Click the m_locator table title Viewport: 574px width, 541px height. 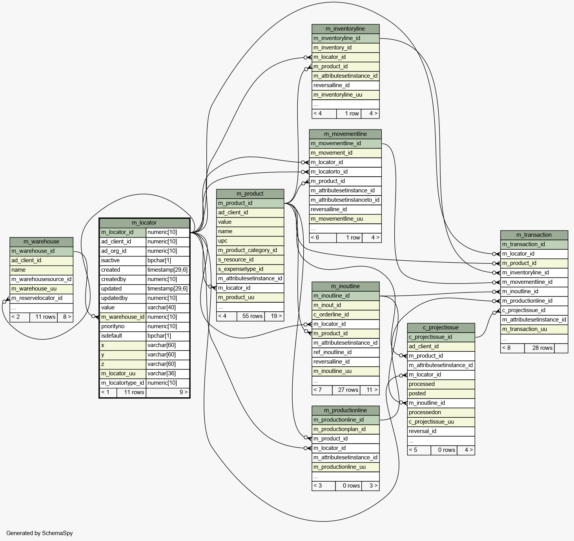click(144, 223)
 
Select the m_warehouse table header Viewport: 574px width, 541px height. click(41, 241)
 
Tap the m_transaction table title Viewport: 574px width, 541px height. click(534, 235)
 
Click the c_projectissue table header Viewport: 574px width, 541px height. click(441, 328)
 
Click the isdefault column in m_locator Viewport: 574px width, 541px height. click(111, 336)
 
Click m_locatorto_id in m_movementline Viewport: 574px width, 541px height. click(329, 172)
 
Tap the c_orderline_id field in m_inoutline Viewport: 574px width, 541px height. click(331, 315)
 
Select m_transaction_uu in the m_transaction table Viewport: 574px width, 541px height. click(524, 329)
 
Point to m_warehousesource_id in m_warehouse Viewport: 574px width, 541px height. click(41, 280)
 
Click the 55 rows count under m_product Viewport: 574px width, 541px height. click(252, 316)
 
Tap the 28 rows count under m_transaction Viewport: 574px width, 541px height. click(542, 348)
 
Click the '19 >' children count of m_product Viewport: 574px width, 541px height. click(276, 316)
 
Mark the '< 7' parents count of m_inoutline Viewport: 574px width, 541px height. click(318, 390)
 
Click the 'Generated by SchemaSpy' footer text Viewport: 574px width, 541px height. click(39, 533)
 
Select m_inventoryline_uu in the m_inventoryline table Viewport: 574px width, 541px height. click(337, 95)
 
